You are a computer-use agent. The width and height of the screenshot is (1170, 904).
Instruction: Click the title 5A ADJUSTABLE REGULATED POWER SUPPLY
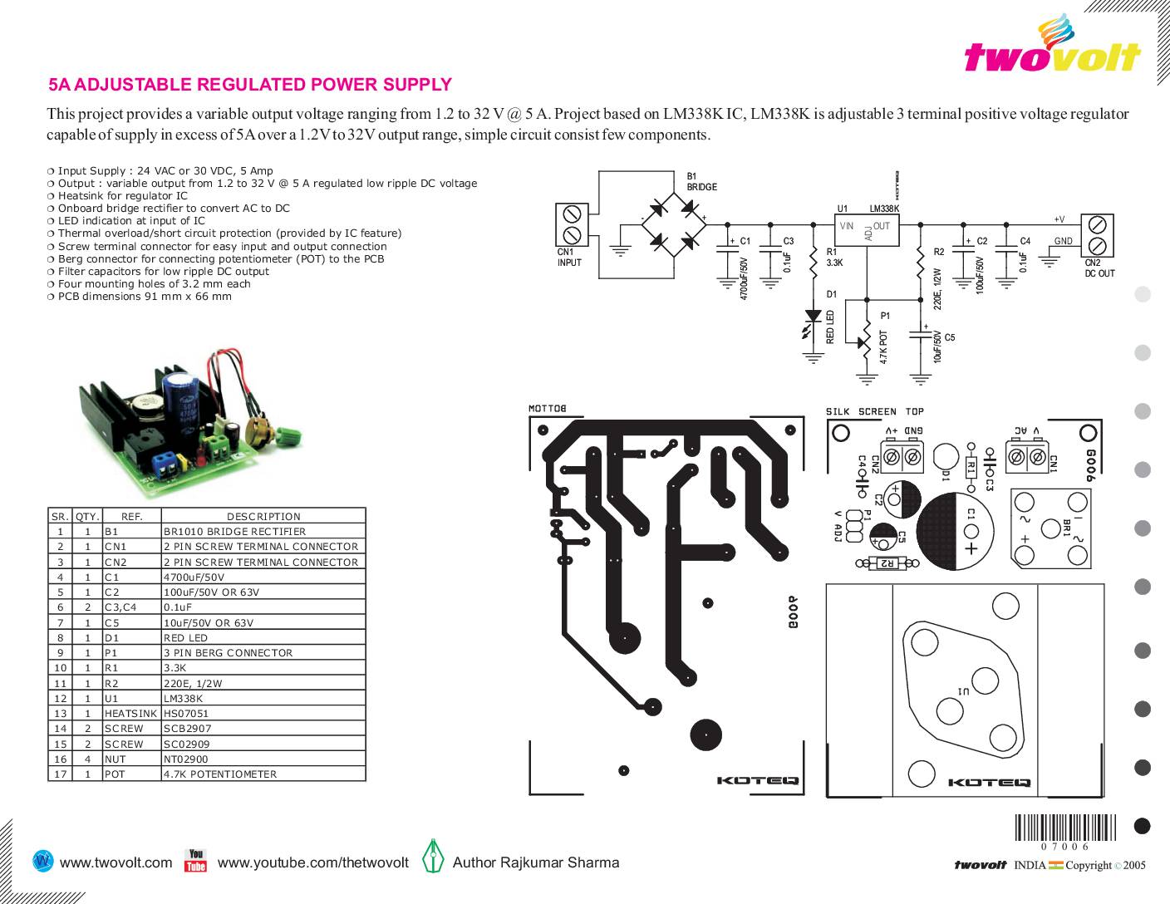250,85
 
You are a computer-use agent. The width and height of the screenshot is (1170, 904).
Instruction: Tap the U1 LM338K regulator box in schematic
868,230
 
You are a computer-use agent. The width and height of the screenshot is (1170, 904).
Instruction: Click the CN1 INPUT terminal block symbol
572,224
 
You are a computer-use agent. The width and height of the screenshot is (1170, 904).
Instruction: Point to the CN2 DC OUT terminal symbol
1097,235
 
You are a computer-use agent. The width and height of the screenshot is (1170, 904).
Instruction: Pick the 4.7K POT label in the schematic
883,347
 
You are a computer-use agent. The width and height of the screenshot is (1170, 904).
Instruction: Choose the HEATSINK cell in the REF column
130,714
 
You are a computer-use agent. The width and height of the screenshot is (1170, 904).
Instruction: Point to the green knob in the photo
290,435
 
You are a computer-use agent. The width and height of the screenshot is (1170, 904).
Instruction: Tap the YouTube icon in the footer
195,861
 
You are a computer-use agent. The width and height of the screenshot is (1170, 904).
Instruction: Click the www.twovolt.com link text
116,862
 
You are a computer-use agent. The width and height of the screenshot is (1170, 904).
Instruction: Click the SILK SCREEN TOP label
874,411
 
